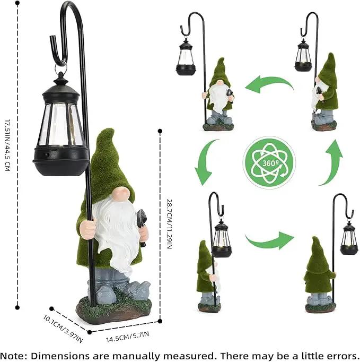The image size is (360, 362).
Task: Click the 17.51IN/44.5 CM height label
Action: (x=7, y=145)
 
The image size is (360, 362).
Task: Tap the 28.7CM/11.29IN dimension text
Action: (x=169, y=224)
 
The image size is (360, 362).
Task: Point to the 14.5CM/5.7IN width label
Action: (x=127, y=337)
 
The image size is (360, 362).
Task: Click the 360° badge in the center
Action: (x=269, y=162)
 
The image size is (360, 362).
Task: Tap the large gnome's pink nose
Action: (x=122, y=193)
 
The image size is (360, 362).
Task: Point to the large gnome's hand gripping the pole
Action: (x=88, y=229)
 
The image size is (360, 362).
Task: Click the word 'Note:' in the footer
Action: (x=14, y=356)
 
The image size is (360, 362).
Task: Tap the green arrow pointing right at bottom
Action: (x=269, y=240)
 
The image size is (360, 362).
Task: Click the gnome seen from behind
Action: (x=320, y=275)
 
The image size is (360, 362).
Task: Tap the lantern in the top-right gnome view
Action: (x=303, y=55)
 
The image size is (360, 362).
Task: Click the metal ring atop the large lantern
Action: (x=60, y=67)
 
